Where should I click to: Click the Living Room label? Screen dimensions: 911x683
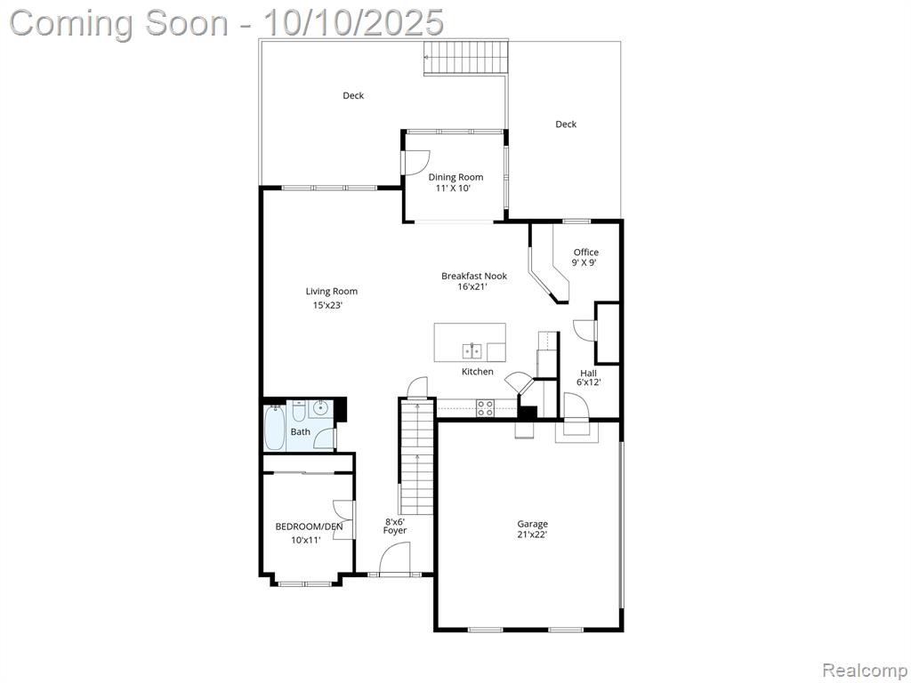tap(332, 292)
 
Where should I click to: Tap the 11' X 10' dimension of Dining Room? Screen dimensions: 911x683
tap(453, 189)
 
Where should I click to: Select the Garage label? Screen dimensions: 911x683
tap(533, 524)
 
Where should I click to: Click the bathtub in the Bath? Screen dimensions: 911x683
tap(275, 428)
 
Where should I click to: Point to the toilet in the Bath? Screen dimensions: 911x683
tap(299, 411)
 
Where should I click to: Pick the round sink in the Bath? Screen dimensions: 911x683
tap(319, 408)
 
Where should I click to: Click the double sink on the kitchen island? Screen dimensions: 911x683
tap(472, 351)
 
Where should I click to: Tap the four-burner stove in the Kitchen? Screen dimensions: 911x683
tap(486, 408)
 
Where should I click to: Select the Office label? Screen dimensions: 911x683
tap(585, 252)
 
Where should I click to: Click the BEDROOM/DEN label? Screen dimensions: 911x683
tap(309, 526)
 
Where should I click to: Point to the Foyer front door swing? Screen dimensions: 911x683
tap(395, 558)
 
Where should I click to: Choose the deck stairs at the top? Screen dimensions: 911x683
tap(466, 58)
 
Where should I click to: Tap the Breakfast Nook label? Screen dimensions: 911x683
tap(474, 276)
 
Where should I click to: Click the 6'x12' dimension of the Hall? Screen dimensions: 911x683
tap(589, 382)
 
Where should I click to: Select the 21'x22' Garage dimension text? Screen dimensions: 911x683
tap(532, 534)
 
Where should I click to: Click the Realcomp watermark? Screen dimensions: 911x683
tap(864, 670)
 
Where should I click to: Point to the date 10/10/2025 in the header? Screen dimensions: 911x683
tap(353, 23)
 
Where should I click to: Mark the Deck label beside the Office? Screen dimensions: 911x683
tap(566, 124)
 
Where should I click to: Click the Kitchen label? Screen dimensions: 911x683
tap(478, 372)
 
